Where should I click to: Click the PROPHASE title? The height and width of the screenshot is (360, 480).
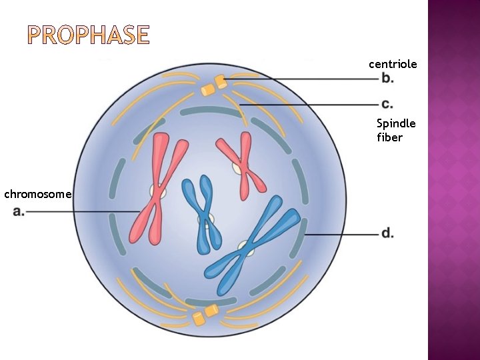click(x=89, y=35)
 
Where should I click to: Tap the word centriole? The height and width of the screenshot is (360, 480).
click(x=393, y=64)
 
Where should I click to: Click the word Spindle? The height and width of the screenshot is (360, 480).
click(x=396, y=123)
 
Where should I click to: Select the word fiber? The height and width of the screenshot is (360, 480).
click(x=389, y=137)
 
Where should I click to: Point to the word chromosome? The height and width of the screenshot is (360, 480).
click(x=37, y=194)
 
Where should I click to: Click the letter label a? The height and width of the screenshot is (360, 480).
click(x=19, y=212)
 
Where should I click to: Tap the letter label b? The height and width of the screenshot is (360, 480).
click(x=387, y=79)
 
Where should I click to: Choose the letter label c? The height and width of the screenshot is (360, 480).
click(x=387, y=104)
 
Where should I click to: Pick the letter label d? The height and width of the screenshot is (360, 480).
click(x=387, y=233)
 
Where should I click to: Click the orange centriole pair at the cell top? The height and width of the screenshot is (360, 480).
click(x=214, y=85)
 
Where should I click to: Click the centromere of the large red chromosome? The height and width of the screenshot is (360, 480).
click(x=158, y=192)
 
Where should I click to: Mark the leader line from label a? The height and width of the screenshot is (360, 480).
click(x=80, y=212)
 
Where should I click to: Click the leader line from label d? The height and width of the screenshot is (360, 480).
click(x=340, y=235)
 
